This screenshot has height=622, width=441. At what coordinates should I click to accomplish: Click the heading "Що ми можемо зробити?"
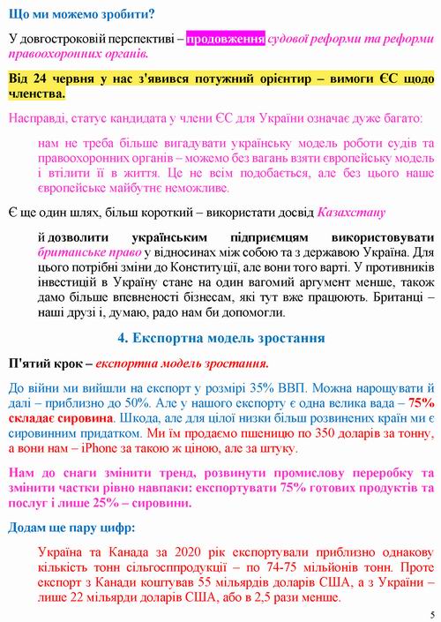click(x=80, y=14)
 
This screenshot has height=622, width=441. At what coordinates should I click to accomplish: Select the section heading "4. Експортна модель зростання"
click(x=220, y=337)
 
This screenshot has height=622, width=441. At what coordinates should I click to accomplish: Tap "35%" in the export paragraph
click(x=250, y=387)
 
